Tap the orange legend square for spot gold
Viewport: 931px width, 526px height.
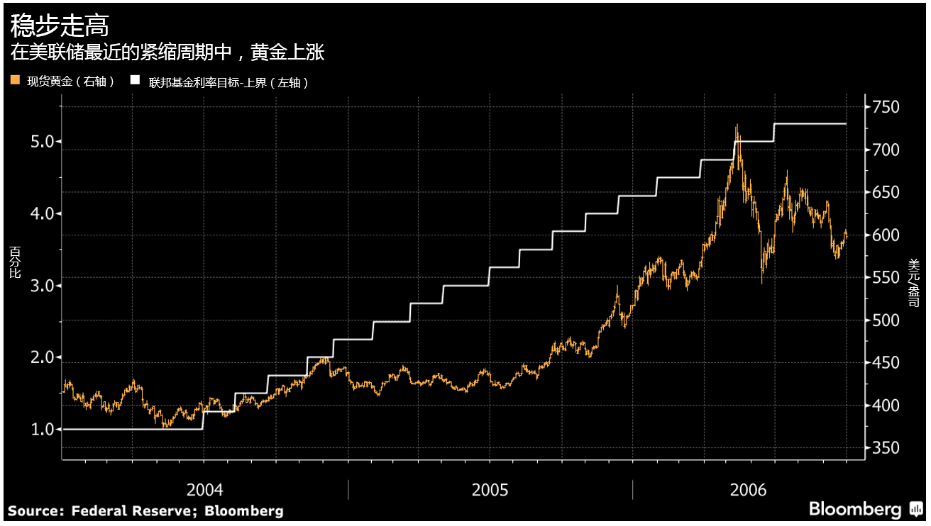click(15, 82)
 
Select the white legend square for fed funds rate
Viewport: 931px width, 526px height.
click(134, 82)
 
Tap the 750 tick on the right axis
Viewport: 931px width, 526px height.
click(886, 107)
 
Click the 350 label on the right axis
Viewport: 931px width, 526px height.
click(886, 448)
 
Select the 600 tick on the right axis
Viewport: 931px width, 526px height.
click(886, 235)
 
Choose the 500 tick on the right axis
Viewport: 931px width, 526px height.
click(886, 320)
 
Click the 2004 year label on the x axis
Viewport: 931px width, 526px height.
click(204, 489)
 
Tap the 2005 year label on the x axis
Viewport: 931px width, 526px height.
click(490, 489)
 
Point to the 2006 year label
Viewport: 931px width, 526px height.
click(748, 489)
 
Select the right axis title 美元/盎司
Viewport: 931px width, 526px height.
click(913, 282)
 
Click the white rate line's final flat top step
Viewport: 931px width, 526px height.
click(810, 123)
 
